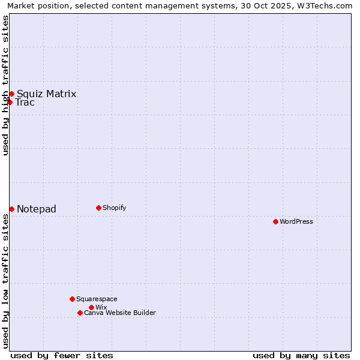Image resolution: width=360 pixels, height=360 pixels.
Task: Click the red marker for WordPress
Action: click(x=275, y=221)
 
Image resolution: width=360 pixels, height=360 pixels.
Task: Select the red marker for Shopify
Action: click(x=98, y=208)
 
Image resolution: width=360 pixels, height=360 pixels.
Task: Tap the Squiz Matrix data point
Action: click(x=11, y=94)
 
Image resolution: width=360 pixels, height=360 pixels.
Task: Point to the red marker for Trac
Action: click(x=10, y=102)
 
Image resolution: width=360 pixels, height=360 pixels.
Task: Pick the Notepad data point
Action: click(x=11, y=209)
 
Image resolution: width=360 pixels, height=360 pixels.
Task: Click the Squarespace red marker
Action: click(x=72, y=299)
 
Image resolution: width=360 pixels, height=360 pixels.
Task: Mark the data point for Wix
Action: click(x=91, y=307)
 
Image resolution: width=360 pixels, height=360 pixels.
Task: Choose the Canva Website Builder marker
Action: click(x=80, y=313)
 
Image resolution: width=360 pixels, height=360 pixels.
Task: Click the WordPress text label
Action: click(x=296, y=221)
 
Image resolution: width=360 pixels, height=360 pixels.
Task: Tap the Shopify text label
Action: click(x=114, y=208)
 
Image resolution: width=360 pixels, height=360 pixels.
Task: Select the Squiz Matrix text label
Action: click(x=46, y=94)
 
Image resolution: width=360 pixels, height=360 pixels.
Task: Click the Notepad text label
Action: click(x=37, y=209)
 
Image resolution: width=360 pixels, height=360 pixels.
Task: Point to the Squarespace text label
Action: click(x=97, y=299)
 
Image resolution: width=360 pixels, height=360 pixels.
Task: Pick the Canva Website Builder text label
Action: click(x=120, y=313)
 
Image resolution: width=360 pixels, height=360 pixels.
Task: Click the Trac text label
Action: click(x=25, y=102)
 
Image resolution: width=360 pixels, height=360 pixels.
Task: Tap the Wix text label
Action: click(x=101, y=307)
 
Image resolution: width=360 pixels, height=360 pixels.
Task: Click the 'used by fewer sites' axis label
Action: click(x=62, y=355)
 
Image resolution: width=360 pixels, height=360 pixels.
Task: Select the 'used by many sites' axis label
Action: click(x=301, y=355)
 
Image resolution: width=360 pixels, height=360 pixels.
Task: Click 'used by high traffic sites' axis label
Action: click(x=5, y=85)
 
